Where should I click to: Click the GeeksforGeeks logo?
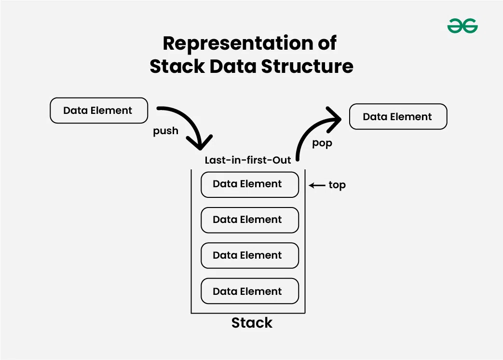[x=462, y=26]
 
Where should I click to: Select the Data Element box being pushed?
[x=98, y=111]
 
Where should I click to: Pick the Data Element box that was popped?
[x=398, y=117]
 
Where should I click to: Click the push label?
[x=165, y=131]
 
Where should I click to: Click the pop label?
[x=322, y=144]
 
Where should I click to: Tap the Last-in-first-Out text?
[x=248, y=160]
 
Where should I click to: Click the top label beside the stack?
[x=337, y=185]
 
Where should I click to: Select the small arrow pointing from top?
[x=317, y=185]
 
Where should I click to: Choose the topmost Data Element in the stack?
[x=250, y=184]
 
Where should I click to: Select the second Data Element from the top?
[x=250, y=220]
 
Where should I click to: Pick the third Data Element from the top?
[x=250, y=256]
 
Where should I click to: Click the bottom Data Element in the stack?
[x=250, y=291]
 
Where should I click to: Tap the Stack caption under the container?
[x=252, y=323]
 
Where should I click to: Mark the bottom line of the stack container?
[x=248, y=313]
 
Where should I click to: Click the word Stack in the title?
[x=177, y=66]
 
